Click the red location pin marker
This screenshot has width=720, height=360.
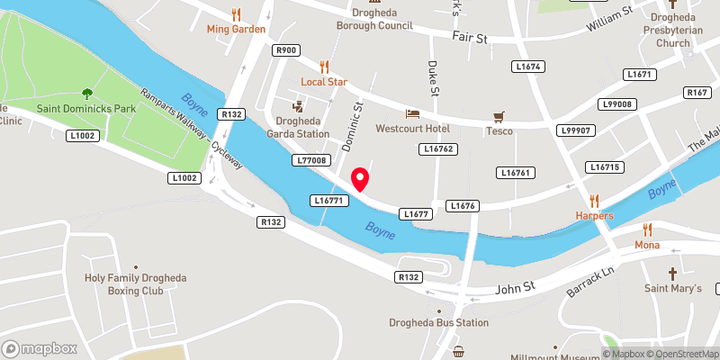pos(360,179)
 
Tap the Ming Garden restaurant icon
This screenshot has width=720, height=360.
pos(236,14)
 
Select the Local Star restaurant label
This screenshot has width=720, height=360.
pos(324,82)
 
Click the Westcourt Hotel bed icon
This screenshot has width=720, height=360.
pos(412,113)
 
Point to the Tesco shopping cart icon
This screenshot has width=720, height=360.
pos(499,116)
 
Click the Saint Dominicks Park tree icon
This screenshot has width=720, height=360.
pos(86,93)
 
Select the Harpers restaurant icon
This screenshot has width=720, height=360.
pos(594,200)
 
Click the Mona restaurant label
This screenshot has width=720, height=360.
pos(647,245)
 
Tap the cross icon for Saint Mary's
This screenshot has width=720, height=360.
pos(671,273)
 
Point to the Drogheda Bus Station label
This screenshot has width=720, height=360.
pos(438,322)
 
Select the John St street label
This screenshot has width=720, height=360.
pos(517,290)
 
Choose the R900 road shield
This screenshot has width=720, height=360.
pos(287,51)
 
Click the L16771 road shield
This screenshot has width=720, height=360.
pos(328,199)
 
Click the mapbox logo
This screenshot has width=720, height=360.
pos(39,348)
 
